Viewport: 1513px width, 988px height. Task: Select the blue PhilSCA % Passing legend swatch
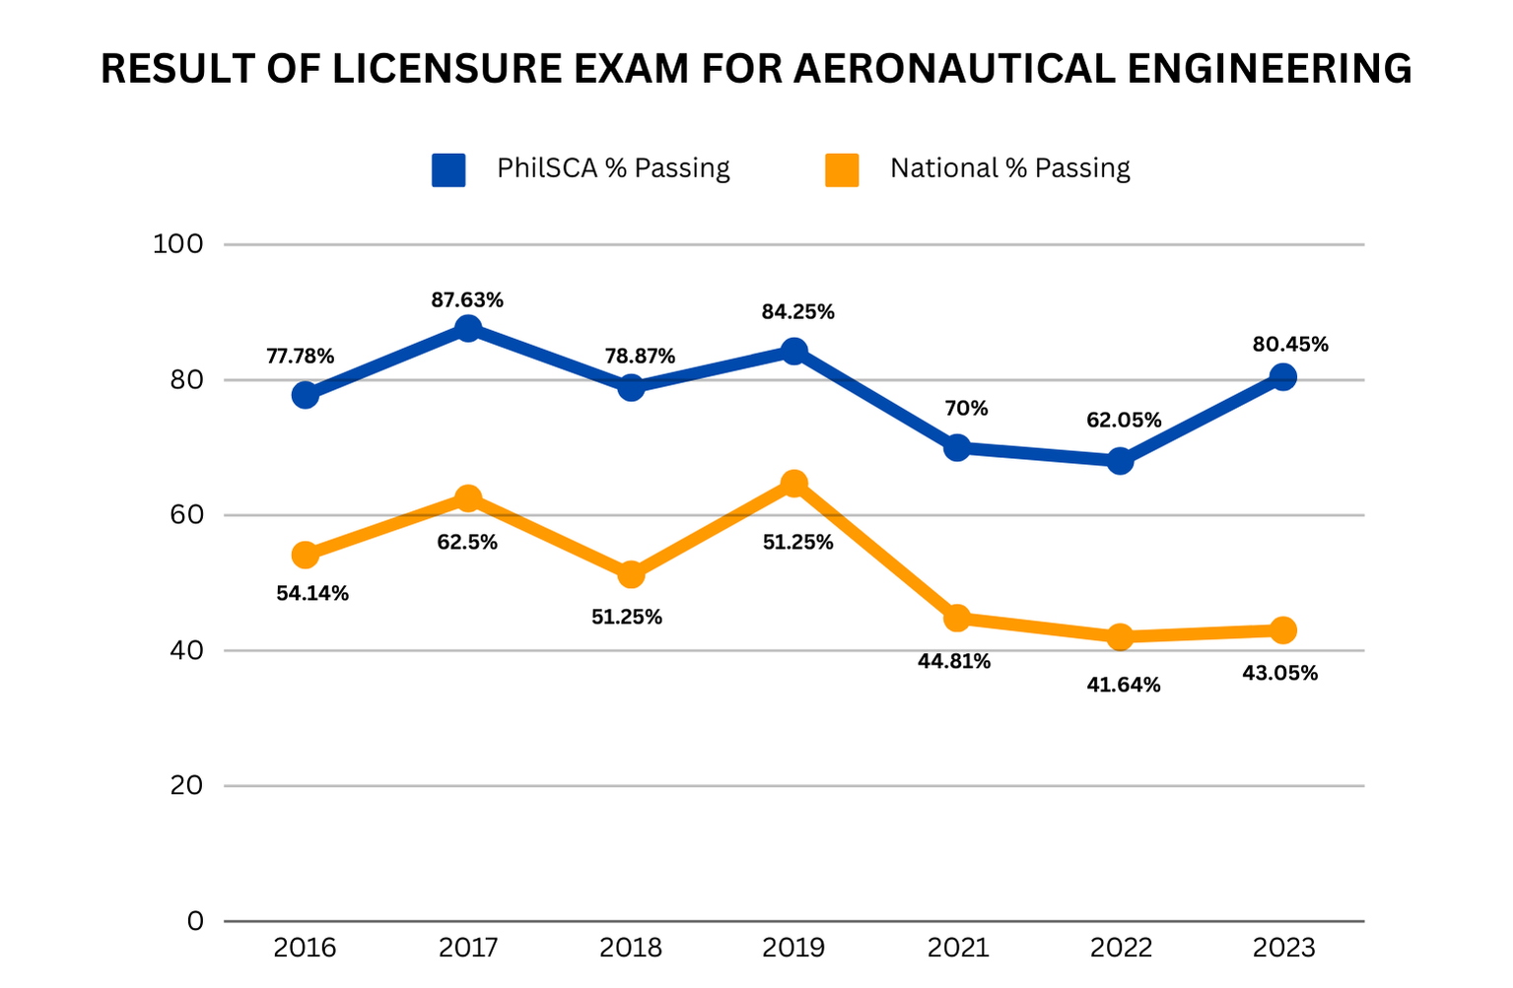tap(448, 169)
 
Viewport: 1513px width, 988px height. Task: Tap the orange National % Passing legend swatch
tap(842, 169)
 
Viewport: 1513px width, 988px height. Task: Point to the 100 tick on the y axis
tap(177, 244)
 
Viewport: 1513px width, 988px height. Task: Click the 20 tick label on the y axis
tap(186, 785)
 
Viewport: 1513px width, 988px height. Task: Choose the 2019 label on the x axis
tap(793, 948)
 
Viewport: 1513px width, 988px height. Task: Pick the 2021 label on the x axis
tap(957, 948)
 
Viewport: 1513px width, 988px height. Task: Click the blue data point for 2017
tap(468, 328)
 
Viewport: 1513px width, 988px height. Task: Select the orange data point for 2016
tap(306, 555)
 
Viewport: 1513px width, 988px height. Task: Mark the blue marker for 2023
tap(1282, 376)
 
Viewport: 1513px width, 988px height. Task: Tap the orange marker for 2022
tap(1120, 636)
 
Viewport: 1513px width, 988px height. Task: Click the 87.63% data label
tap(467, 300)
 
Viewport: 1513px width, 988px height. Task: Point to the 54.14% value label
tap(312, 594)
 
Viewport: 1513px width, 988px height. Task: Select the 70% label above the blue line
tap(966, 409)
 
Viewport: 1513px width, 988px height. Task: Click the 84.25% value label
tap(797, 312)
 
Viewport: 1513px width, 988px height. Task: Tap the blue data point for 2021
tap(957, 447)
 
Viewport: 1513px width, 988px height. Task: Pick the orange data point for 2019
tap(793, 483)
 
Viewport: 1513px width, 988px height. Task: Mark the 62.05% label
tap(1124, 421)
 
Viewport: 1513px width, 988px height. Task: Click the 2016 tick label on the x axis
tap(305, 948)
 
